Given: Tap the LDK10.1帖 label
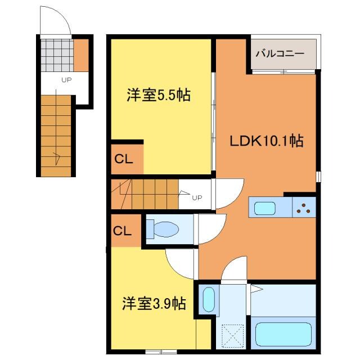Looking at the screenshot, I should tap(266, 141).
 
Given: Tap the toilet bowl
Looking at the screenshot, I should tap(163, 229).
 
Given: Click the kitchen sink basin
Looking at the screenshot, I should tap(264, 208).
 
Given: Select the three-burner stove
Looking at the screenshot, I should tap(304, 208).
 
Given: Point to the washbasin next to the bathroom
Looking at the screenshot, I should tap(208, 300).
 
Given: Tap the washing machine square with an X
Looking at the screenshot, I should tap(232, 336).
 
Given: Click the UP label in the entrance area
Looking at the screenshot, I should tap(66, 80).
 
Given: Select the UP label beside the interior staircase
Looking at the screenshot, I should tap(196, 197).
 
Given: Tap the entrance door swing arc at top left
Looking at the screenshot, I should tap(56, 21).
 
